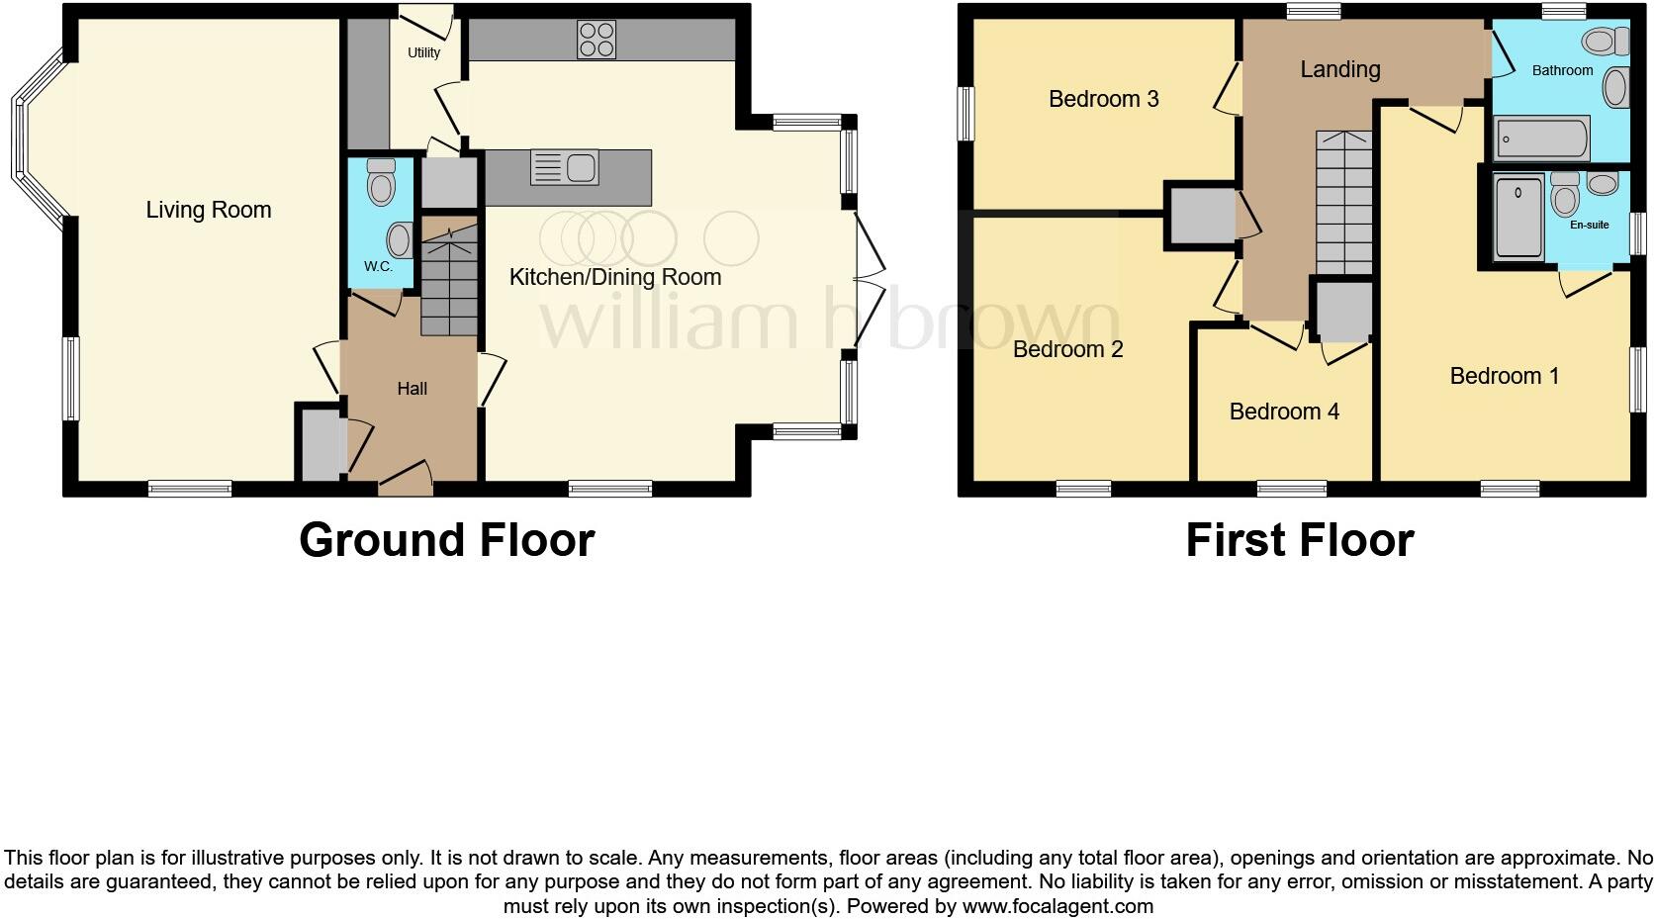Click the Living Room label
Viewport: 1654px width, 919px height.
pos(208,210)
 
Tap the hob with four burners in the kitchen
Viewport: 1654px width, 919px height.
pos(596,40)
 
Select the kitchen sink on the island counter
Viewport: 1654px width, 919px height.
pos(565,168)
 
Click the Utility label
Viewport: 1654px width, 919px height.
pos(423,52)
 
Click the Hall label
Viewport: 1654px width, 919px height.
pos(412,389)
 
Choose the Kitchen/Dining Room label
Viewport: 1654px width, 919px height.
pos(614,277)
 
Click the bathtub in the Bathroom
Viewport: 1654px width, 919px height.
pos(1541,138)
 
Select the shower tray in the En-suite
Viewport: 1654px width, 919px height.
pos(1517,217)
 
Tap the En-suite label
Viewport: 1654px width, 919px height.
pos(1589,225)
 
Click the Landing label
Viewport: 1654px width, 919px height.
pos(1339,69)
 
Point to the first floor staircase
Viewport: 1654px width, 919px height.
pos(1343,203)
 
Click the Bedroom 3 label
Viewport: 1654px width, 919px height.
pos(1103,99)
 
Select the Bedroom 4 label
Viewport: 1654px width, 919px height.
pos(1284,412)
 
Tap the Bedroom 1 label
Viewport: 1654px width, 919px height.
pos(1504,376)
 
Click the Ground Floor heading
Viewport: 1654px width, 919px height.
pos(446,540)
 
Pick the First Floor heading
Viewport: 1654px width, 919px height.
pos(1299,540)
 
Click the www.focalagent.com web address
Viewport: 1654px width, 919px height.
pos(1057,905)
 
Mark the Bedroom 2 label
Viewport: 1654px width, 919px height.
pos(1067,349)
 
